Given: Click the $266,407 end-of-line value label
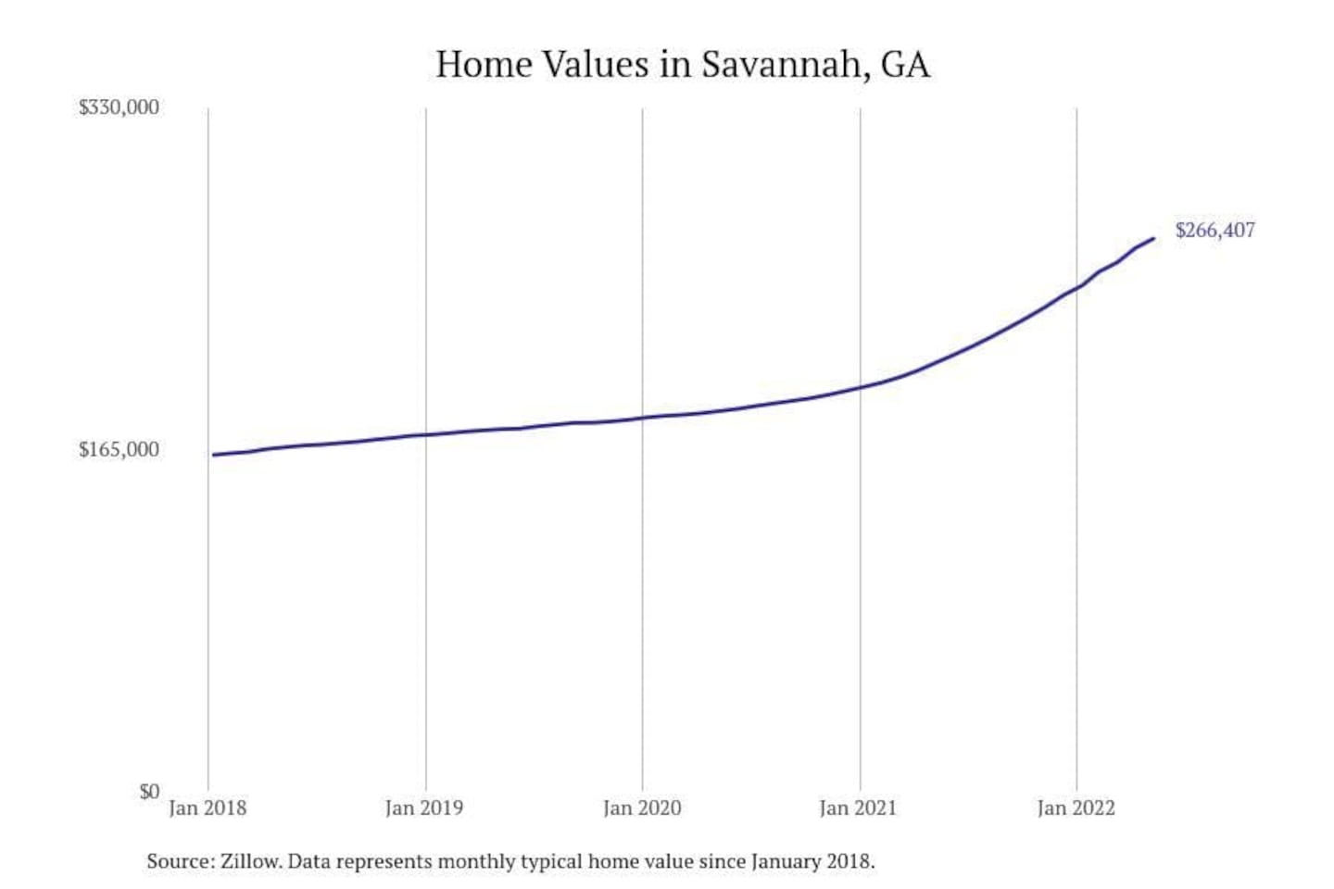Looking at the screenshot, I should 1214,231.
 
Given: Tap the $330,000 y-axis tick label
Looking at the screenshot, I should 119,107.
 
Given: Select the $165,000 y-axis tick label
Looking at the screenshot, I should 119,450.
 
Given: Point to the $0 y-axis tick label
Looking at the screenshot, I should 149,792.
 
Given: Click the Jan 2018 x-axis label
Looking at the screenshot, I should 208,808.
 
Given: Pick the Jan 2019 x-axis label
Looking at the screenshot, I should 424,808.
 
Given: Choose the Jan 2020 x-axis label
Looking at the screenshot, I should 642,808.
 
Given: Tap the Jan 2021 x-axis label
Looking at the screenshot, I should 859,808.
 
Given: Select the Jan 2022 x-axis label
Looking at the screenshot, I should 1076,808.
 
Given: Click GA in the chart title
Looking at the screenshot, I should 905,65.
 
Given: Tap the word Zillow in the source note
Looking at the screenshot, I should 249,862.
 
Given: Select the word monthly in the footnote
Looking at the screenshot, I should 475,862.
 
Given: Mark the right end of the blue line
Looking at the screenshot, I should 1153,239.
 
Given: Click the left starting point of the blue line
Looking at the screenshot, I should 213,455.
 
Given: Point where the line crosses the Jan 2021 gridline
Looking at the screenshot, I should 860,387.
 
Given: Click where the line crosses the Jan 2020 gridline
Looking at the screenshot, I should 643,418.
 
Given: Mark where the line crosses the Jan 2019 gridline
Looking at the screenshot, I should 426,434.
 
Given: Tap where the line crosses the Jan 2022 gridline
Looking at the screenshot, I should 1076,287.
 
